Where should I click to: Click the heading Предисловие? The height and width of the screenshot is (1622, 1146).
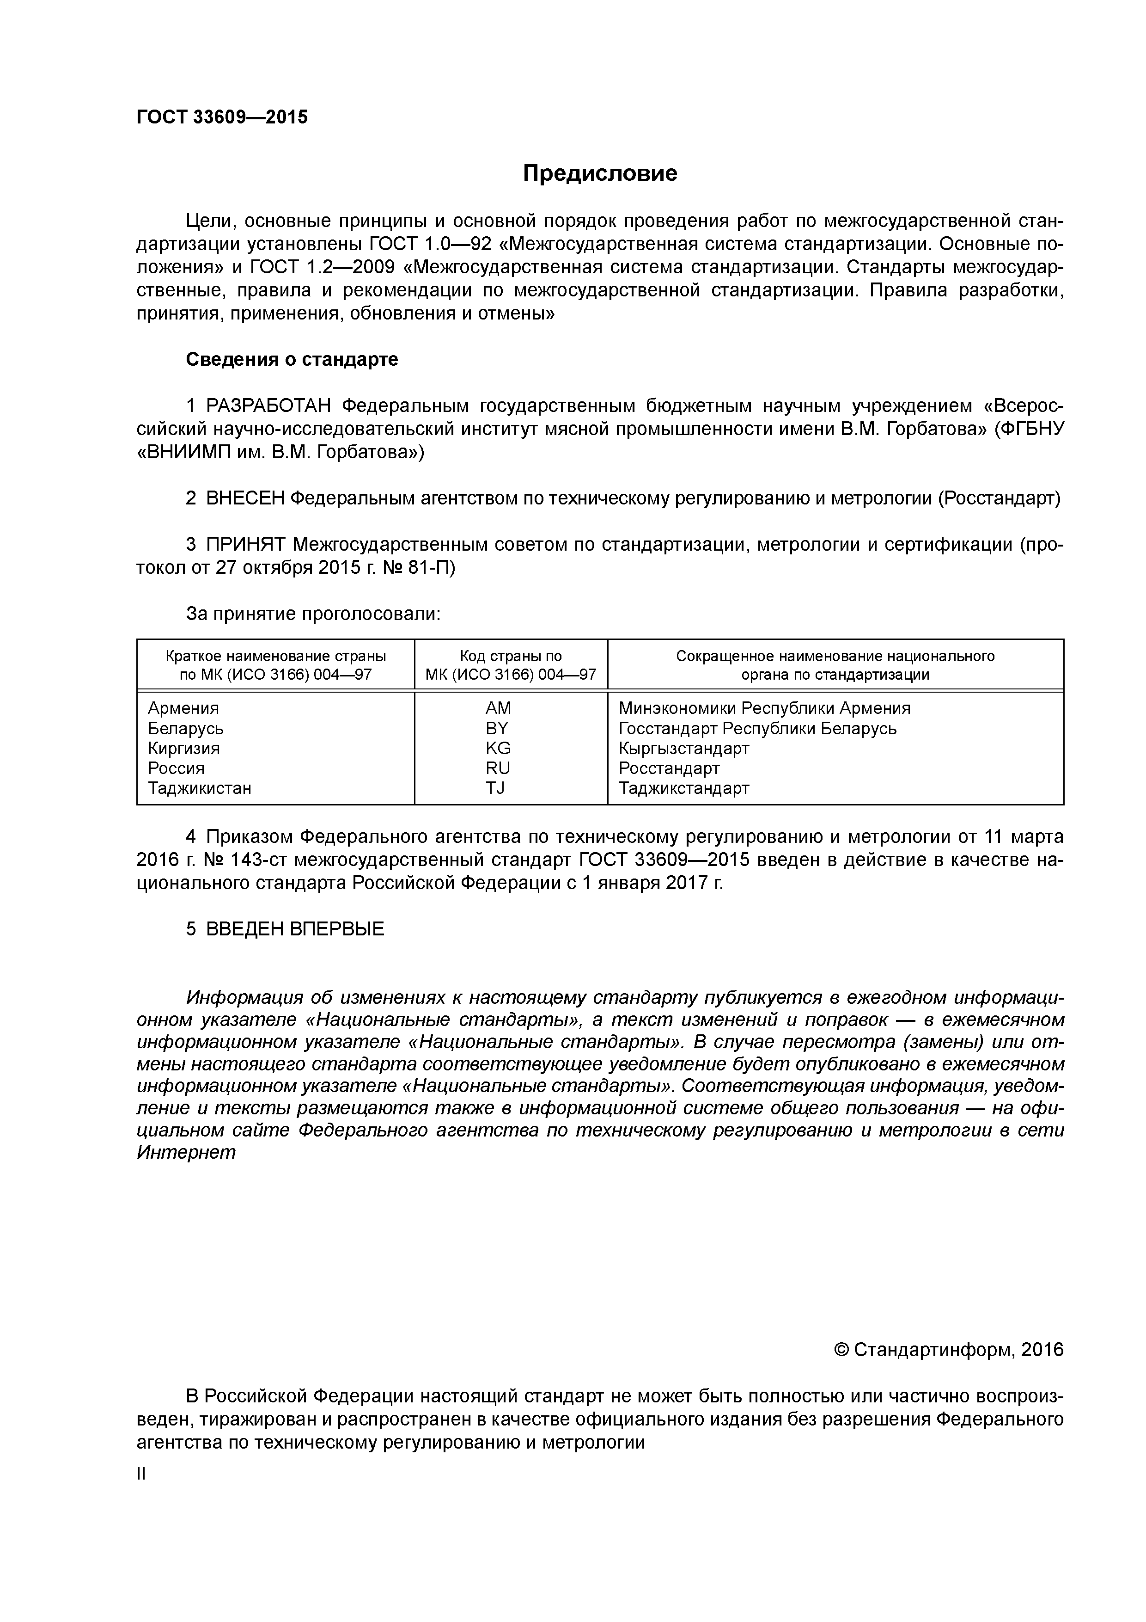tap(599, 173)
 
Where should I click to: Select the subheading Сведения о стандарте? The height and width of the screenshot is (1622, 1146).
tap(292, 360)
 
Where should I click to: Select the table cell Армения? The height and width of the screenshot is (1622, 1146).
tap(183, 708)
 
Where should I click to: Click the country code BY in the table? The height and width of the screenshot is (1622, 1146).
tap(497, 728)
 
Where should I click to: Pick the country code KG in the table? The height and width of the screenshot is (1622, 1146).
tap(498, 748)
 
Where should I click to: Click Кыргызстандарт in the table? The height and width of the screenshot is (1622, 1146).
tap(683, 748)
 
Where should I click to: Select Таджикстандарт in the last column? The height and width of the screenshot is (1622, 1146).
tap(683, 788)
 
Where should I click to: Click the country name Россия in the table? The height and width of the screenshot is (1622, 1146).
tap(176, 768)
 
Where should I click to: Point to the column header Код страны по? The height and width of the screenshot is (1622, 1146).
tap(511, 656)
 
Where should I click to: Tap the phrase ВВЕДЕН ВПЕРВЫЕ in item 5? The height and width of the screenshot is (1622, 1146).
tap(294, 929)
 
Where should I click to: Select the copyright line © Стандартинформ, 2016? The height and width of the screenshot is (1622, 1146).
tap(948, 1350)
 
